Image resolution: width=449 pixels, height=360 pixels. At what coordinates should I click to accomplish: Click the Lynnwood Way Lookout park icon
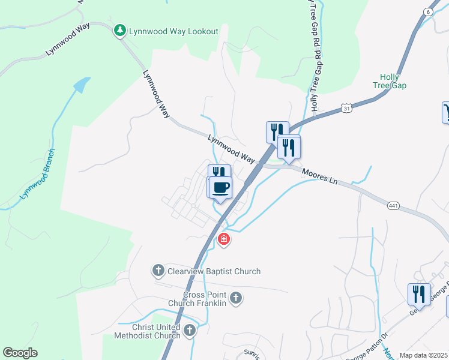point(120,31)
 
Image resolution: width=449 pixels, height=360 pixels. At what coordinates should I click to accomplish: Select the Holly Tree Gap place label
point(393,81)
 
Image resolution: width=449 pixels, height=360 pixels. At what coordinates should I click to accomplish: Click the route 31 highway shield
point(346,108)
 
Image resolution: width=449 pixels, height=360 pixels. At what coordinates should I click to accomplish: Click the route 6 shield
point(427,12)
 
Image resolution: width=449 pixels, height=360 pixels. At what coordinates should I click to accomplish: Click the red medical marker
point(223,240)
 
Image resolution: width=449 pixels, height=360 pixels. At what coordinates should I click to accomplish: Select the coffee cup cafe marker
point(221,187)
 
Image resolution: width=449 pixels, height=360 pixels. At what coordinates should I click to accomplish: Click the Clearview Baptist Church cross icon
point(158,271)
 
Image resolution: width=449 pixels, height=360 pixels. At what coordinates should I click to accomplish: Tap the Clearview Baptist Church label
point(214,272)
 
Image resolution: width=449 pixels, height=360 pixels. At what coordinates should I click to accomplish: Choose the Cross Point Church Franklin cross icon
point(236,298)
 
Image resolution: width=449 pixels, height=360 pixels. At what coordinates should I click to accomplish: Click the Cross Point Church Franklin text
point(205,299)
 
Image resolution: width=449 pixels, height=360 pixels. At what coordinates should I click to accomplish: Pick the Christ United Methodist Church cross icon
point(190,330)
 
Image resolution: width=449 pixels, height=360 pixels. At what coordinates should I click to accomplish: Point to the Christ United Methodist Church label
point(147,331)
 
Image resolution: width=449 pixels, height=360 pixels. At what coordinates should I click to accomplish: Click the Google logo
point(20,353)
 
